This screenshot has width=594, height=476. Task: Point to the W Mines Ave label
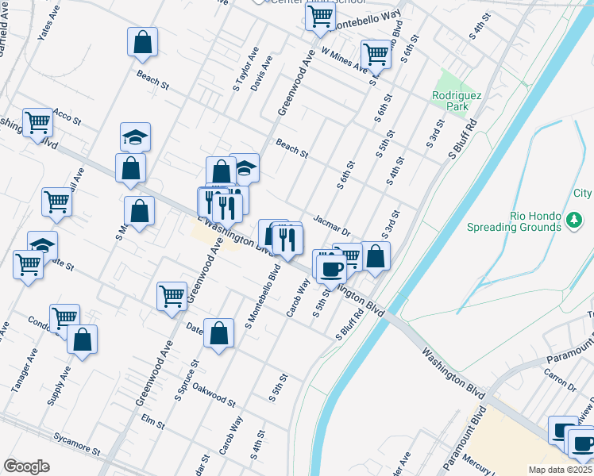pos(345,60)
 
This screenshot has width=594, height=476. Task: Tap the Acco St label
pos(67,118)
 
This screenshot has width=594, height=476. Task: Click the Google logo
pos(25,466)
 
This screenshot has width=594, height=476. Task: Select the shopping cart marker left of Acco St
pos(37,122)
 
